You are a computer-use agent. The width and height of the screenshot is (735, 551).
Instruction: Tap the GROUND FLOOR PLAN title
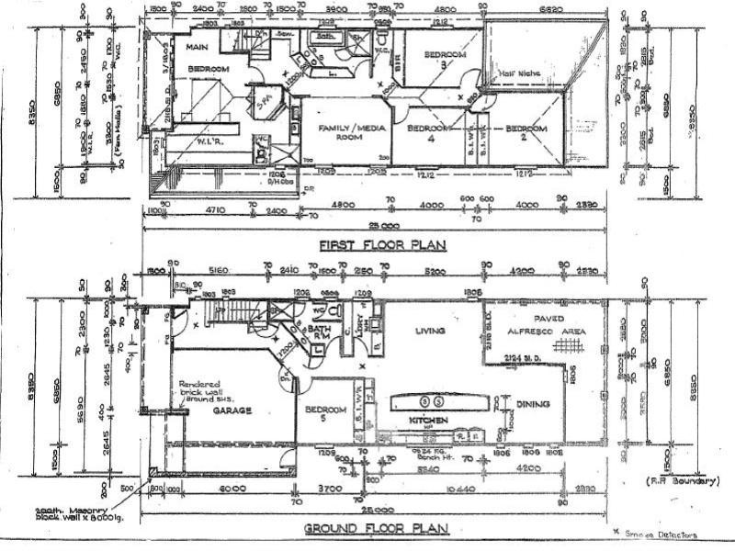(x=376, y=528)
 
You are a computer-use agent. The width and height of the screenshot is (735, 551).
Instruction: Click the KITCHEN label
(x=428, y=420)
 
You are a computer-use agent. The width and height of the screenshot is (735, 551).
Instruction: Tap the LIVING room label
(x=430, y=331)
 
